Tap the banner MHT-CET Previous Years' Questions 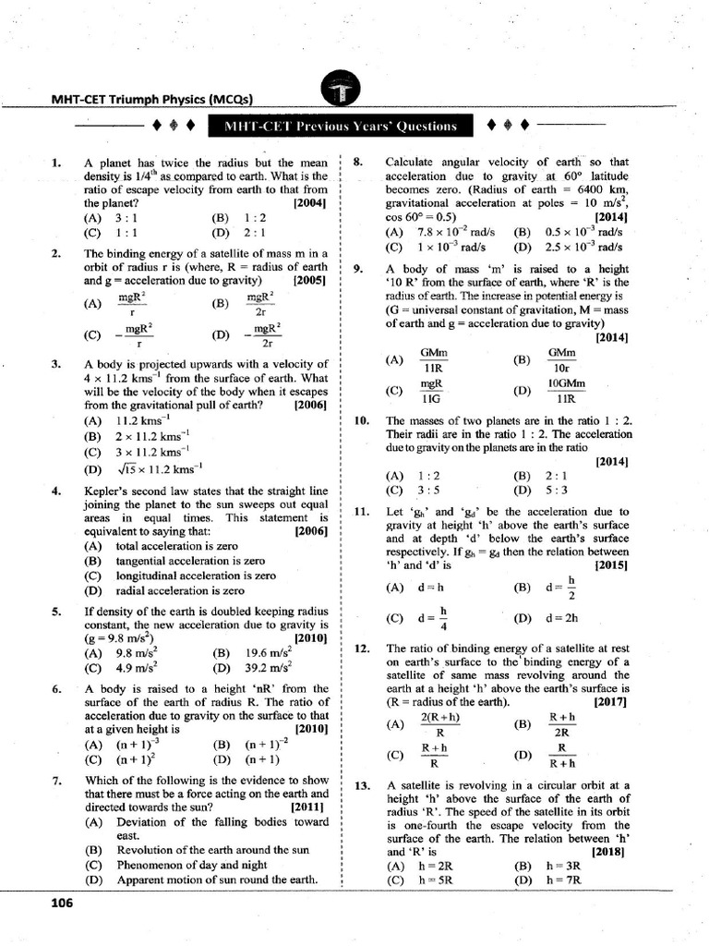click(342, 126)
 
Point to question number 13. click(362, 785)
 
